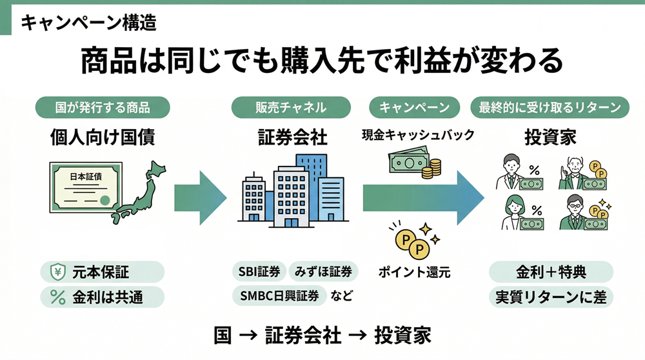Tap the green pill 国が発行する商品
[103, 107]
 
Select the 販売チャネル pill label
[291, 107]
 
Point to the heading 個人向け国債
[103, 137]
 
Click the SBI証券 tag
[257, 272]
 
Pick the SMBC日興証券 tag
[278, 295]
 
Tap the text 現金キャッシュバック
[417, 135]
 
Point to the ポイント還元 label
[413, 272]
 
